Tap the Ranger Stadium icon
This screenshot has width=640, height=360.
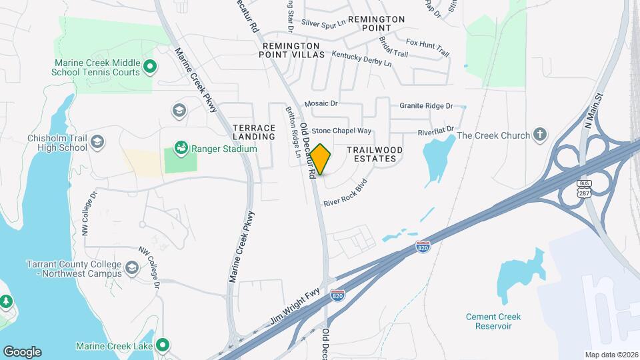coord(180,147)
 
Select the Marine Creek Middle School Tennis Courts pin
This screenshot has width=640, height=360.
coord(150,66)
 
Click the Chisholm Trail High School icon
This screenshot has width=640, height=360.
coord(98,141)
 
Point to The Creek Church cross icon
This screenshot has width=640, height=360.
coord(540,136)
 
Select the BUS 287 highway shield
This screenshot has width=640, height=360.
coord(585,191)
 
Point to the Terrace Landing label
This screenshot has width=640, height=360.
coord(254,132)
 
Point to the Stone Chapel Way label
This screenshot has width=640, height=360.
coord(341,131)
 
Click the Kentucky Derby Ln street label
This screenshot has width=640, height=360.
coord(361,58)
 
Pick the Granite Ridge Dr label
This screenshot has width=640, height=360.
coord(425,106)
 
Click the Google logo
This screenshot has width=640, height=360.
coord(22,351)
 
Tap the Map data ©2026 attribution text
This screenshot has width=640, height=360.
coord(611,355)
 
